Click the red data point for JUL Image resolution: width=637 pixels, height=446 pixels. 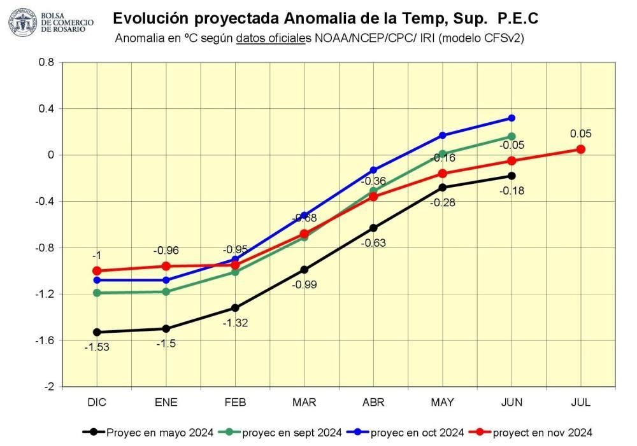(x=581, y=149)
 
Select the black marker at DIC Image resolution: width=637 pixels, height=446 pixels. (x=97, y=332)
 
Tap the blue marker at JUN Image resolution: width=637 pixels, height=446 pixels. (x=512, y=118)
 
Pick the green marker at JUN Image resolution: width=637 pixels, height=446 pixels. (x=512, y=136)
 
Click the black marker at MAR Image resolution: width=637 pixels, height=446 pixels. (x=304, y=270)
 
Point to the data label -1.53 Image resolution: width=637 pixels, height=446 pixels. (x=97, y=347)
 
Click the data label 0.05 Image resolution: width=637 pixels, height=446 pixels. (x=581, y=134)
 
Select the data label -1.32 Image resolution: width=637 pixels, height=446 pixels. (x=235, y=323)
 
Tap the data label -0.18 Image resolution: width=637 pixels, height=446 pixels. (x=512, y=190)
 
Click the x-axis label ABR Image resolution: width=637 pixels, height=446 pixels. (x=373, y=403)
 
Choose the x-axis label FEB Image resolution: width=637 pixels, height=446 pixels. (x=235, y=403)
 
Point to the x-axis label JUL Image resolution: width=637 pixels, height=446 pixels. (x=581, y=403)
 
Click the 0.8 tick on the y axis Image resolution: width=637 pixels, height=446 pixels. (x=47, y=62)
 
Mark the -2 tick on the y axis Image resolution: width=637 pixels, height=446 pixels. (x=49, y=387)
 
